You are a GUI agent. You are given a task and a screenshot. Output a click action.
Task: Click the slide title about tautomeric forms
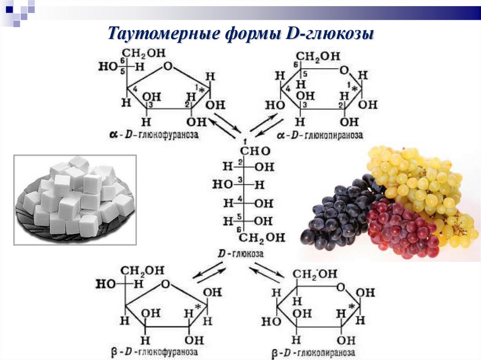click(x=240, y=34)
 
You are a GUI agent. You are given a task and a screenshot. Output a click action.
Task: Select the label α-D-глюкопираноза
click(x=319, y=135)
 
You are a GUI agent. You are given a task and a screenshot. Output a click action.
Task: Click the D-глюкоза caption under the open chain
click(x=240, y=253)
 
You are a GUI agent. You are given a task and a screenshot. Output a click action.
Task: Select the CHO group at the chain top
click(x=256, y=152)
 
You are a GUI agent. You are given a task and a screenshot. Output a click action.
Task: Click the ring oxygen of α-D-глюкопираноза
click(x=345, y=70)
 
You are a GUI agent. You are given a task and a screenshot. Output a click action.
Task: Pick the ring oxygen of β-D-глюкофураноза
click(x=164, y=284)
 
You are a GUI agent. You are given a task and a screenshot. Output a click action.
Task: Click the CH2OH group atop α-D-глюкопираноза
click(x=318, y=56)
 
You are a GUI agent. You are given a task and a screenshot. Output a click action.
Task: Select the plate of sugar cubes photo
click(x=75, y=200)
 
